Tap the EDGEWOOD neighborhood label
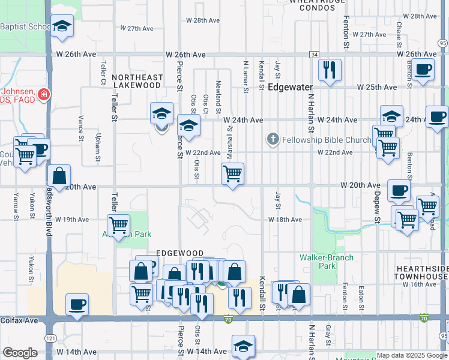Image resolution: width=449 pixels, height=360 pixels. [x=180, y=254]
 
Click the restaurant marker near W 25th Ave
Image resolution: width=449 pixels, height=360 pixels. [x=330, y=70]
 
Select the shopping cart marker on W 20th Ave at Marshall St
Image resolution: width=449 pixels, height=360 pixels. [x=232, y=175]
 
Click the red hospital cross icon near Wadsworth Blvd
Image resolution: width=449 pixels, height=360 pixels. [x=43, y=94]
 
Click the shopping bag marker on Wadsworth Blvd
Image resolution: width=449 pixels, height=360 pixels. [x=59, y=176]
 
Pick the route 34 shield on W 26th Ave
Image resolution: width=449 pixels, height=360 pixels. [x=314, y=54]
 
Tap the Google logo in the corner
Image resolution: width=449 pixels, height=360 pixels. [x=20, y=353]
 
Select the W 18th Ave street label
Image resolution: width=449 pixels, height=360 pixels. [x=285, y=220]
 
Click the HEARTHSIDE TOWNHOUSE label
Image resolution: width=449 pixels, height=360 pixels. [x=421, y=272]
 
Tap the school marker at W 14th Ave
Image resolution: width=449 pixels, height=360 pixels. [x=243, y=346]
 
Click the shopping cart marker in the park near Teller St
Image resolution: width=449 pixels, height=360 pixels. [x=119, y=226]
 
